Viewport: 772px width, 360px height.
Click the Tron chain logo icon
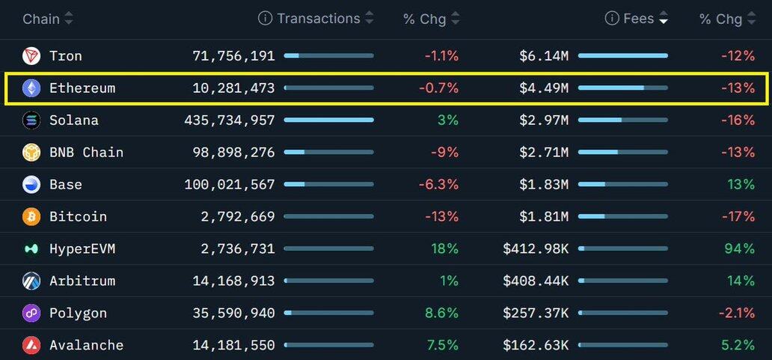pos(31,56)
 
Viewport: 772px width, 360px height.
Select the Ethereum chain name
pos(82,88)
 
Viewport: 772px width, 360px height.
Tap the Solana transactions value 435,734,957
pos(230,120)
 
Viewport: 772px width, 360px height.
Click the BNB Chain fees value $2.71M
pos(544,153)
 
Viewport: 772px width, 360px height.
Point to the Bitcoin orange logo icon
pos(31,217)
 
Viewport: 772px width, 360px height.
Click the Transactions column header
pos(318,19)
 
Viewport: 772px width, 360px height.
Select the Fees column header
pos(638,19)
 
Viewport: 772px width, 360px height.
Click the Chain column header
pos(41,19)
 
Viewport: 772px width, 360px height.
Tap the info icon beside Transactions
pos(265,19)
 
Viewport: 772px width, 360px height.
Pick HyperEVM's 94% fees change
pos(739,249)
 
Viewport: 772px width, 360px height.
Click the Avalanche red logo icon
pos(31,346)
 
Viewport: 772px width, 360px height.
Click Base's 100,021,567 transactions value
pos(230,185)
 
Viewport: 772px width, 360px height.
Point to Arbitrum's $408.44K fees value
pos(536,281)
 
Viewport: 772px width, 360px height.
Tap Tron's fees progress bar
pos(622,56)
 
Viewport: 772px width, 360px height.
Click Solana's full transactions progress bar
pos(328,120)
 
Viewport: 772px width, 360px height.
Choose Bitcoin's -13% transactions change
pos(441,217)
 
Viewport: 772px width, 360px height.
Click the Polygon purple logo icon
pos(31,314)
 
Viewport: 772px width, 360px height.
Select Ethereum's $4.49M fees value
pos(544,88)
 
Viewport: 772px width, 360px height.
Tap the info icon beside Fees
pos(612,19)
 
